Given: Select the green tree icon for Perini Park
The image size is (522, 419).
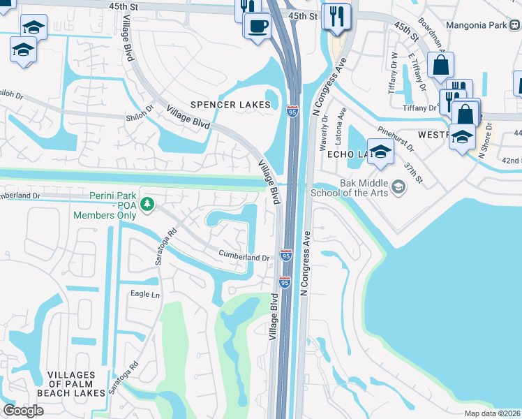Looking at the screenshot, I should pyautogui.click(x=147, y=204).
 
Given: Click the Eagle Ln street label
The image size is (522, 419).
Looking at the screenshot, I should pyautogui.click(x=145, y=295).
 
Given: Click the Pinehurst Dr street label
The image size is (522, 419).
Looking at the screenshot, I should pyautogui.click(x=396, y=139).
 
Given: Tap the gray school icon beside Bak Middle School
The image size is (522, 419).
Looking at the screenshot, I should pyautogui.click(x=398, y=186).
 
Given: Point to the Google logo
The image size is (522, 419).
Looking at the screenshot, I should pyautogui.click(x=23, y=410).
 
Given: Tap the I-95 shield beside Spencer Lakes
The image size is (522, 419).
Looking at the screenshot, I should pyautogui.click(x=293, y=111).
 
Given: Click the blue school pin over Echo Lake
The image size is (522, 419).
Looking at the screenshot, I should pyautogui.click(x=380, y=152).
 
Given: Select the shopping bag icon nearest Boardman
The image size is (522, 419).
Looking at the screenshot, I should pyautogui.click(x=441, y=66).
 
